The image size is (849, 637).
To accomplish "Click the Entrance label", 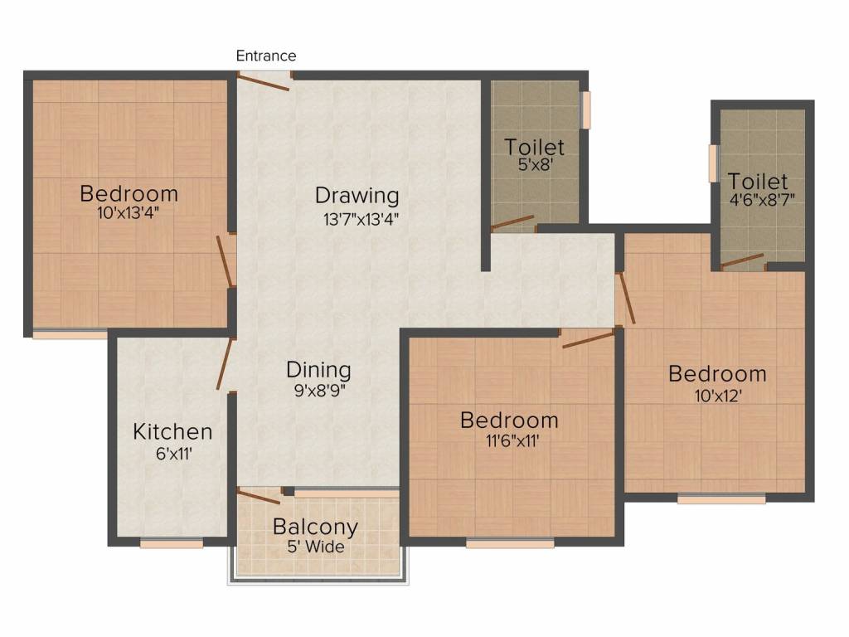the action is coord(266,56).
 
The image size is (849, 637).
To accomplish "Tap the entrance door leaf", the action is coord(264,83).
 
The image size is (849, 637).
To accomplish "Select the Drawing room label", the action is coord(357,196).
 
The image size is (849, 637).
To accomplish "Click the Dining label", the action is coord(318,370).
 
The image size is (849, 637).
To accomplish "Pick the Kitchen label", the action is coord(172,431).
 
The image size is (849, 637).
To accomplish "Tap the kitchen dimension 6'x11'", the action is coord(174,454).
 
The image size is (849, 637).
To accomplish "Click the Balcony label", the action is coord(315,527).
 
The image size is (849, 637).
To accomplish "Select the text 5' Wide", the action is coord(316,547).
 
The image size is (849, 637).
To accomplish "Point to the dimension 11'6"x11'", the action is coord(512,441).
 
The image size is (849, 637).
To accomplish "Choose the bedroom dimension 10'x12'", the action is coord(718,396).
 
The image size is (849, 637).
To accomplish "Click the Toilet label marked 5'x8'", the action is coord(535,147).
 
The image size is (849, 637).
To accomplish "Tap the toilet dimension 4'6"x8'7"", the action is coord(762,200).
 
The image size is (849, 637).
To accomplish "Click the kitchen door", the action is coord(224,363).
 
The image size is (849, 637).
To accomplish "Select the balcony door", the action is coord(260,497).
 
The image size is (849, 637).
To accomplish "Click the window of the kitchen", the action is coord(172,542).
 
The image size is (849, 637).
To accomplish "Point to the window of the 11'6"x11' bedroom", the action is coord(510,542).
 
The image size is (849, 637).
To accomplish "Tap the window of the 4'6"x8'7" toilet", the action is coord(714,163).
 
